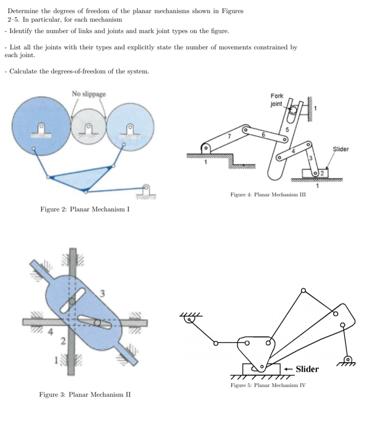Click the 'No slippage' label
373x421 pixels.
pyautogui.click(x=89, y=94)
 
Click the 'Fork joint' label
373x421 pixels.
pyautogui.click(x=277, y=100)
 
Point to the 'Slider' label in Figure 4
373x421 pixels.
pyautogui.click(x=340, y=149)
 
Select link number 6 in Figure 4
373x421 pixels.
pyautogui.click(x=264, y=134)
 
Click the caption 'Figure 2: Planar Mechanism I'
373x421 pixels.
pyautogui.click(x=85, y=209)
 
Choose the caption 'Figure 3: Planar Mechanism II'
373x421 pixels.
pyautogui.click(x=85, y=394)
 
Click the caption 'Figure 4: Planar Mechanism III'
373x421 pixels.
pyautogui.click(x=268, y=195)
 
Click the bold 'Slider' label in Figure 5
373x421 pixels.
pyautogui.click(x=307, y=369)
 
